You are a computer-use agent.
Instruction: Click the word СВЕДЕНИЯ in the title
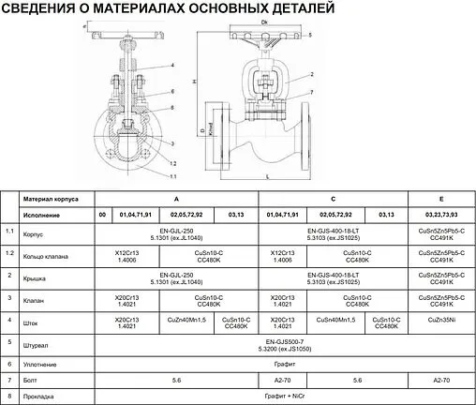(x=44, y=10)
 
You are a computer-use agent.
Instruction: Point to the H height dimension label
(x=193, y=82)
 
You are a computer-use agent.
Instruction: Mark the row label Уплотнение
(x=40, y=364)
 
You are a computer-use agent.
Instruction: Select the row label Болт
(x=30, y=381)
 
